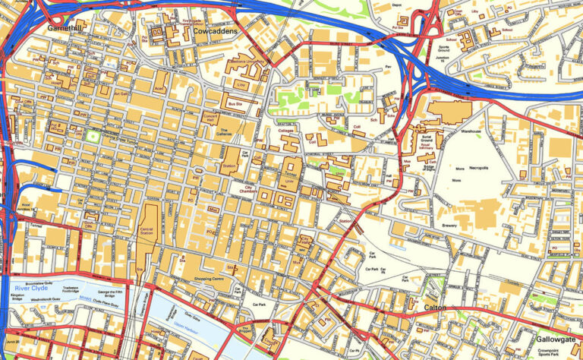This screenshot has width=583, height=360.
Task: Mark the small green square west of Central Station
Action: (x=93, y=137)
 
